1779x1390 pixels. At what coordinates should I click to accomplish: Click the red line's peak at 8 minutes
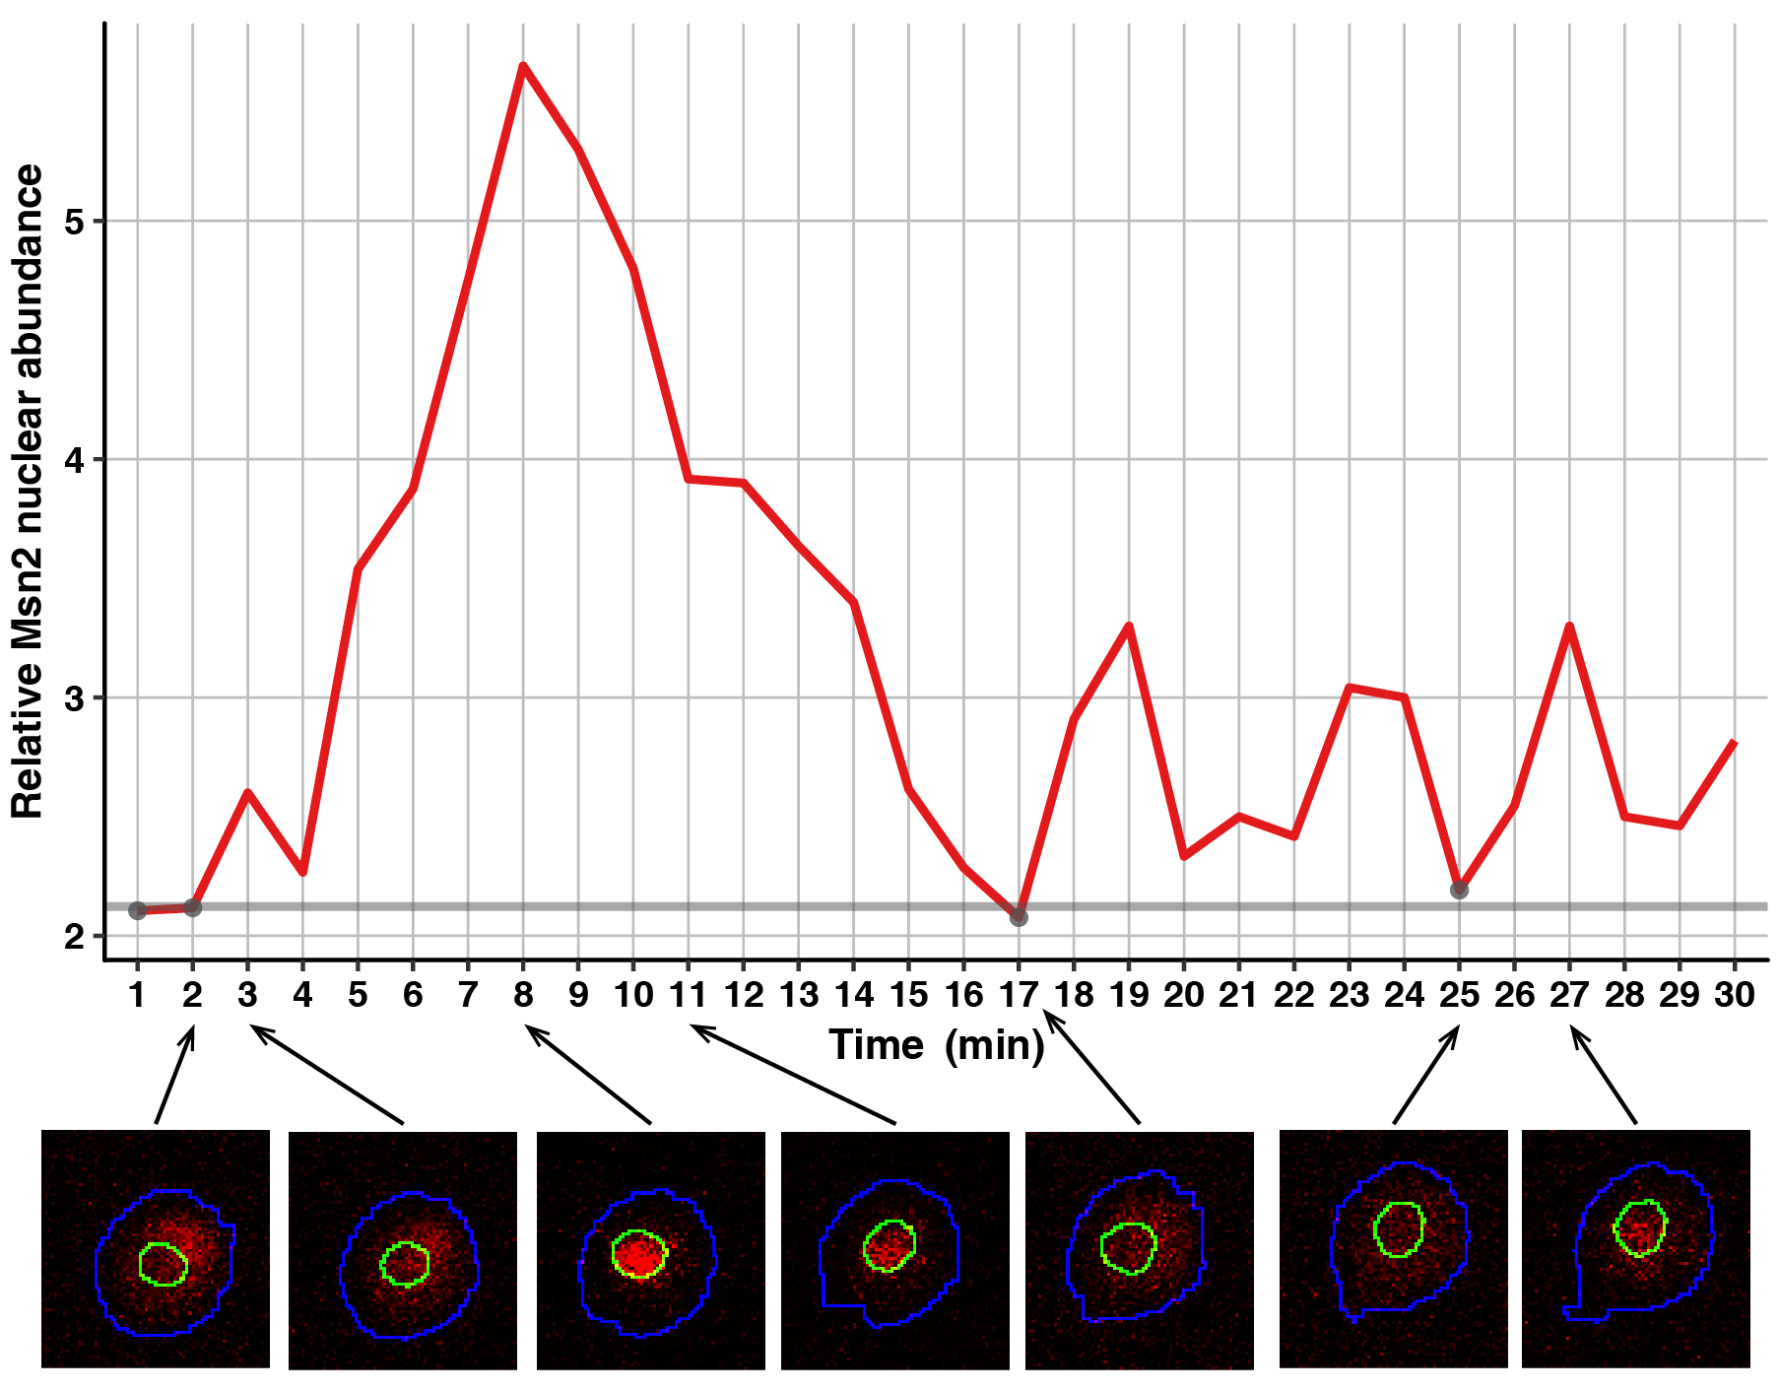[523, 66]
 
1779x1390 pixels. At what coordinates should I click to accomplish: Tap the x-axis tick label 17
[1019, 995]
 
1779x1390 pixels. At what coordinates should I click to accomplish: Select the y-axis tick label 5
[75, 222]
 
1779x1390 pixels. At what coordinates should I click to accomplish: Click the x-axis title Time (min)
[936, 1045]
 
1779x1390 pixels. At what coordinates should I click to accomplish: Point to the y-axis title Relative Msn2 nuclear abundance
[28, 491]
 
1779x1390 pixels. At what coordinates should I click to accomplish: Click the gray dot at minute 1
[138, 910]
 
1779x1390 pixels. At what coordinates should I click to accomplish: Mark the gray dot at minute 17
[1019, 917]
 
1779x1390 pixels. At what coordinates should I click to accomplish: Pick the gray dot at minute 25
[1459, 890]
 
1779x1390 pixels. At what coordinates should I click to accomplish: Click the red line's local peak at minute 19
[1129, 626]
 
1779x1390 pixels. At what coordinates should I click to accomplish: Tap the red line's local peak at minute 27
[1569, 627]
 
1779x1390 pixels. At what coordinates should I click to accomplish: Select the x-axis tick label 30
[1735, 995]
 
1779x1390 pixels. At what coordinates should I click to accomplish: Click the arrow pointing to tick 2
[174, 1075]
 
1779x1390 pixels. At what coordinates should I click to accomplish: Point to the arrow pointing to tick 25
[1425, 1075]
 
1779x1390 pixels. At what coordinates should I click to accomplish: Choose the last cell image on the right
[1636, 1249]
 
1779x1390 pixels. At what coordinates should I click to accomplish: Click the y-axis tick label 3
[75, 698]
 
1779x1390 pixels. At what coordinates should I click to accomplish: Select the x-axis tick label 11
[689, 995]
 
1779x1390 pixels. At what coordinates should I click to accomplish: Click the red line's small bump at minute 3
[247, 792]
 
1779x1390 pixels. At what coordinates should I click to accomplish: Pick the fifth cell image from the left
[1140, 1249]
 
